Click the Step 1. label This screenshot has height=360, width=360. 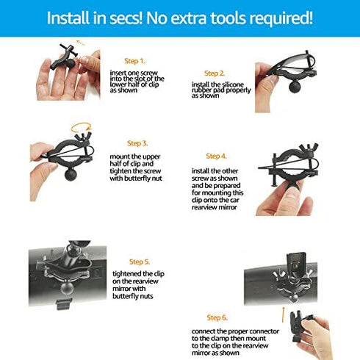click(134, 61)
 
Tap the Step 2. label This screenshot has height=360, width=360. click(215, 73)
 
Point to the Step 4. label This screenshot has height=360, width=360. click(217, 156)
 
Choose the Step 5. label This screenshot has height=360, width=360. click(140, 262)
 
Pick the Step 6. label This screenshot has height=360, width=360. click(217, 317)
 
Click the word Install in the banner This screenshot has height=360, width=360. click(71, 18)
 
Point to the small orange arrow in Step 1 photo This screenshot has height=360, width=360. click(80, 43)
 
